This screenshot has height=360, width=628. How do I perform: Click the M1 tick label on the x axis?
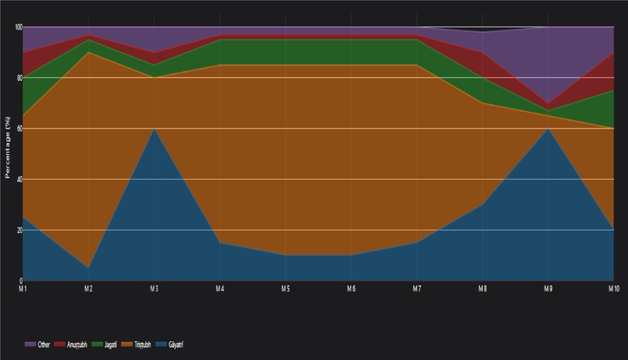23,288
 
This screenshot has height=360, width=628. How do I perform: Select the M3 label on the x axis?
154,288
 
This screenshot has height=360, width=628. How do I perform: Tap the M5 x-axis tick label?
286,288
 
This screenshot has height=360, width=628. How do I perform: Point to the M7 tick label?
417,288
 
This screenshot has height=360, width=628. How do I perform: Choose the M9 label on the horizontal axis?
549,288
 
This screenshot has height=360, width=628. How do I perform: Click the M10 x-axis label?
612,288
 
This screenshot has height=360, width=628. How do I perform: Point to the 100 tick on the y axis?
17,27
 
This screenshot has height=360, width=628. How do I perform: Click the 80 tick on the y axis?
19,78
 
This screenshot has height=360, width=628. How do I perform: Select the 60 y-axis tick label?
19,129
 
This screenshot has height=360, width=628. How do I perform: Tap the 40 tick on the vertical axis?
19,179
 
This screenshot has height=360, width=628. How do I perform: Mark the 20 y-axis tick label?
19,230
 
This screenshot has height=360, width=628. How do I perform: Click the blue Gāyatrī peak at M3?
154,129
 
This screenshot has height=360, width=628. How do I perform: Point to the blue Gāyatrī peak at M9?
549,129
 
